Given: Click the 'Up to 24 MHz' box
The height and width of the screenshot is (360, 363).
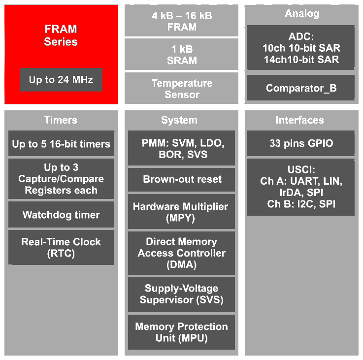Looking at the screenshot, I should [61, 79].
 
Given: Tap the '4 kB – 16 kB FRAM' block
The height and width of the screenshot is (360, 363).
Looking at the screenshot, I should [181, 21].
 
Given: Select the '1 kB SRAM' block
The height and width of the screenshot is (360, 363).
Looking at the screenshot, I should [181, 55].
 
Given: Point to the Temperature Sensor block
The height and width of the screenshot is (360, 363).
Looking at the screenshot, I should [181, 89].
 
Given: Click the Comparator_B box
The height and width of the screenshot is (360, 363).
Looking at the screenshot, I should [300, 88].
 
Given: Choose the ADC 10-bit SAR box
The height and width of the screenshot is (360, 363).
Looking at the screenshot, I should [300, 48].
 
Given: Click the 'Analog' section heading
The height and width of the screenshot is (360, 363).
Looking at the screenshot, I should [300, 14].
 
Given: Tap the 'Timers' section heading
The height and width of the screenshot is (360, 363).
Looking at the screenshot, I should [61, 120].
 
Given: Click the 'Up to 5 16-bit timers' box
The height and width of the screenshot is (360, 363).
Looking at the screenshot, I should [61, 144].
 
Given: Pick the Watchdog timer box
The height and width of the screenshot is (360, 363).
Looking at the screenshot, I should [61, 215].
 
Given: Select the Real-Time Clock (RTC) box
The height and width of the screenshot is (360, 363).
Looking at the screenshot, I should [61, 247].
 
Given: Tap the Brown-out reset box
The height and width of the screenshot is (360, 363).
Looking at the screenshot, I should [181, 179].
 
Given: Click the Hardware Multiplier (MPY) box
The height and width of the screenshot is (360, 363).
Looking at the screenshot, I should [181, 212].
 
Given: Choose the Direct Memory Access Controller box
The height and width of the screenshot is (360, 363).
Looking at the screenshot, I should [181, 253].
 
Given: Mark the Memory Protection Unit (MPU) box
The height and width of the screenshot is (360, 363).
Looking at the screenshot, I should [181, 332].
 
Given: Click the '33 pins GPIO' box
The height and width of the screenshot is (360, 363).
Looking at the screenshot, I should [300, 144].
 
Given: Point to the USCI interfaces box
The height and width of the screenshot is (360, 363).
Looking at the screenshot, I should [300, 187].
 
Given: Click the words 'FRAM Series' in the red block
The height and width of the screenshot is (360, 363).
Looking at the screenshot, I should [61, 35].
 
